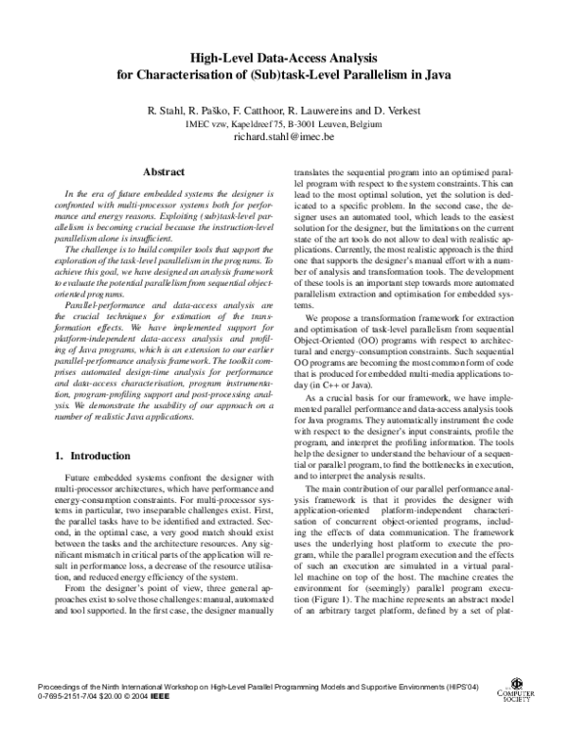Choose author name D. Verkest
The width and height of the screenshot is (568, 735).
coord(396,110)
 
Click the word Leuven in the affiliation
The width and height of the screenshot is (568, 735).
coord(325,123)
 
